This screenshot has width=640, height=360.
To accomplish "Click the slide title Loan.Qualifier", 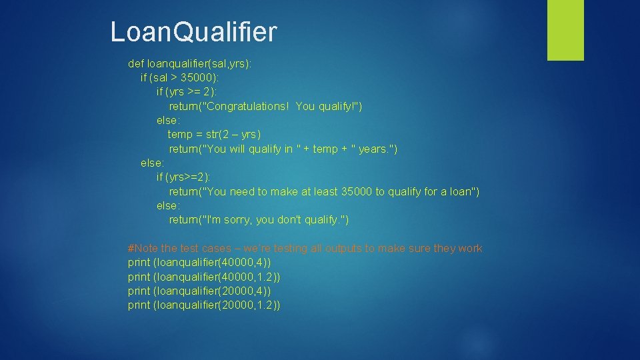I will point(193,31).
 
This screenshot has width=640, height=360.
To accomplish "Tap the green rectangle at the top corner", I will point(565,30).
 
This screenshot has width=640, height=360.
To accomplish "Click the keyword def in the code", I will point(136,64).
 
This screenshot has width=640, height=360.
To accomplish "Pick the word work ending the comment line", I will point(469,249).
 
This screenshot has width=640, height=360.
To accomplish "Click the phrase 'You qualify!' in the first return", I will point(328,107).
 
